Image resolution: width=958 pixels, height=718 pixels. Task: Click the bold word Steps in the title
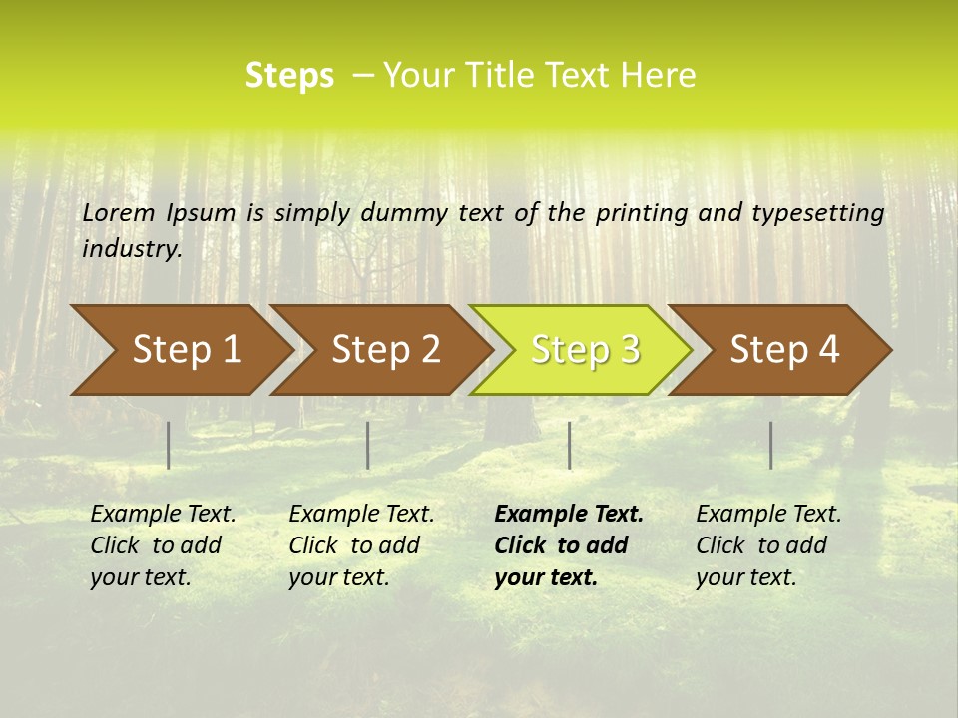(289, 76)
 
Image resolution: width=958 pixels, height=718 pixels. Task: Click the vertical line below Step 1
(169, 445)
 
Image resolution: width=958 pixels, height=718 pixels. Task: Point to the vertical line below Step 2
(368, 445)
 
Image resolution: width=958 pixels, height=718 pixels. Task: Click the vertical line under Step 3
(569, 445)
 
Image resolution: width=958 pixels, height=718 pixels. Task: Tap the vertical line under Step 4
(770, 445)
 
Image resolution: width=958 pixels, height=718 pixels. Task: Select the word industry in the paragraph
(132, 249)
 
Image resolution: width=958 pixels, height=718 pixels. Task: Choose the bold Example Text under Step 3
(569, 514)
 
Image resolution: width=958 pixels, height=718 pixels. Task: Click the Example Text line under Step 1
(163, 514)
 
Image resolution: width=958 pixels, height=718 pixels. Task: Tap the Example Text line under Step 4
(768, 514)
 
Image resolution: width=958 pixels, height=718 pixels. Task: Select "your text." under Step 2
(339, 577)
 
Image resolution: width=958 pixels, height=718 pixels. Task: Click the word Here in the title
(659, 76)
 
